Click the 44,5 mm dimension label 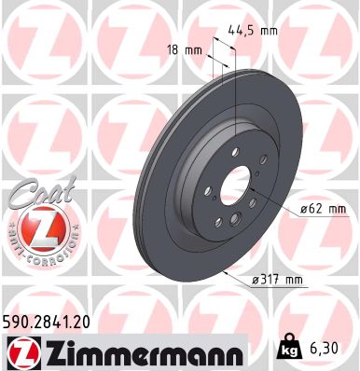tap(255, 31)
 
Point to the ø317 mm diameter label tap(280, 279)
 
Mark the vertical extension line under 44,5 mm tap(237, 103)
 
